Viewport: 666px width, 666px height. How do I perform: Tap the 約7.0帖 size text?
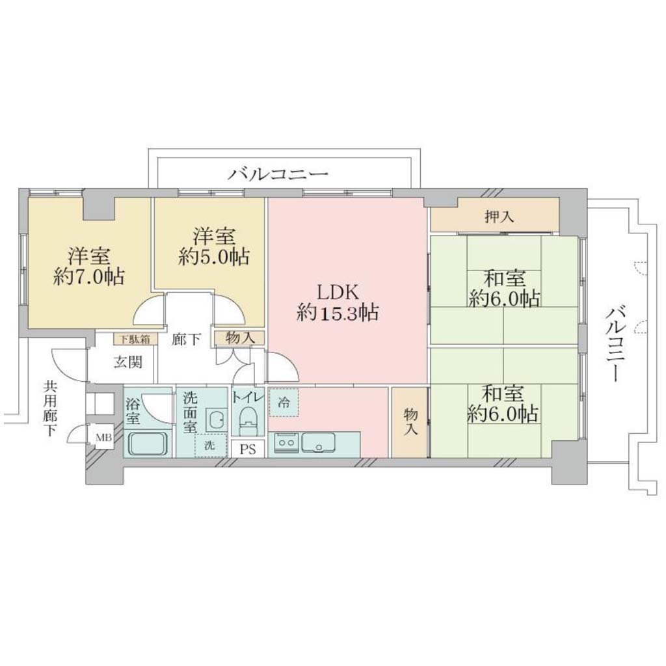[x=89, y=277]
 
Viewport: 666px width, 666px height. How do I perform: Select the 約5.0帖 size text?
[x=213, y=256]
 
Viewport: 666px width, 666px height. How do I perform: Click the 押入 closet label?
[x=500, y=217]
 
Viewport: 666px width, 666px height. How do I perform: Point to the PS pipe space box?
[x=248, y=449]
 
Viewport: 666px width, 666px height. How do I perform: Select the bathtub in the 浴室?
[x=148, y=444]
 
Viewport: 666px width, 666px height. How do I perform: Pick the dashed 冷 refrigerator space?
[x=284, y=402]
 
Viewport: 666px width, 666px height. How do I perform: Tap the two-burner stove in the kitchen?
[x=286, y=442]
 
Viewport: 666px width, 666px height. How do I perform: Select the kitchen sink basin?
[x=318, y=442]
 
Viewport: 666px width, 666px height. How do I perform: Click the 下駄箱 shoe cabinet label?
[x=134, y=340]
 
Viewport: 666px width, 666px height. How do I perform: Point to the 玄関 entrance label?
[x=128, y=362]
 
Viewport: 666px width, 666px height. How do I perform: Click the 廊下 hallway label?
[x=186, y=340]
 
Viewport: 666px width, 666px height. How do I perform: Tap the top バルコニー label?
[x=278, y=174]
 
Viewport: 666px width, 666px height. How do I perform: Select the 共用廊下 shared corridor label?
[x=51, y=408]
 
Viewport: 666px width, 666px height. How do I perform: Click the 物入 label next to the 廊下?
[x=241, y=338]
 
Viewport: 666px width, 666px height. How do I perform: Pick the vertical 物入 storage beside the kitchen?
[x=410, y=421]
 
